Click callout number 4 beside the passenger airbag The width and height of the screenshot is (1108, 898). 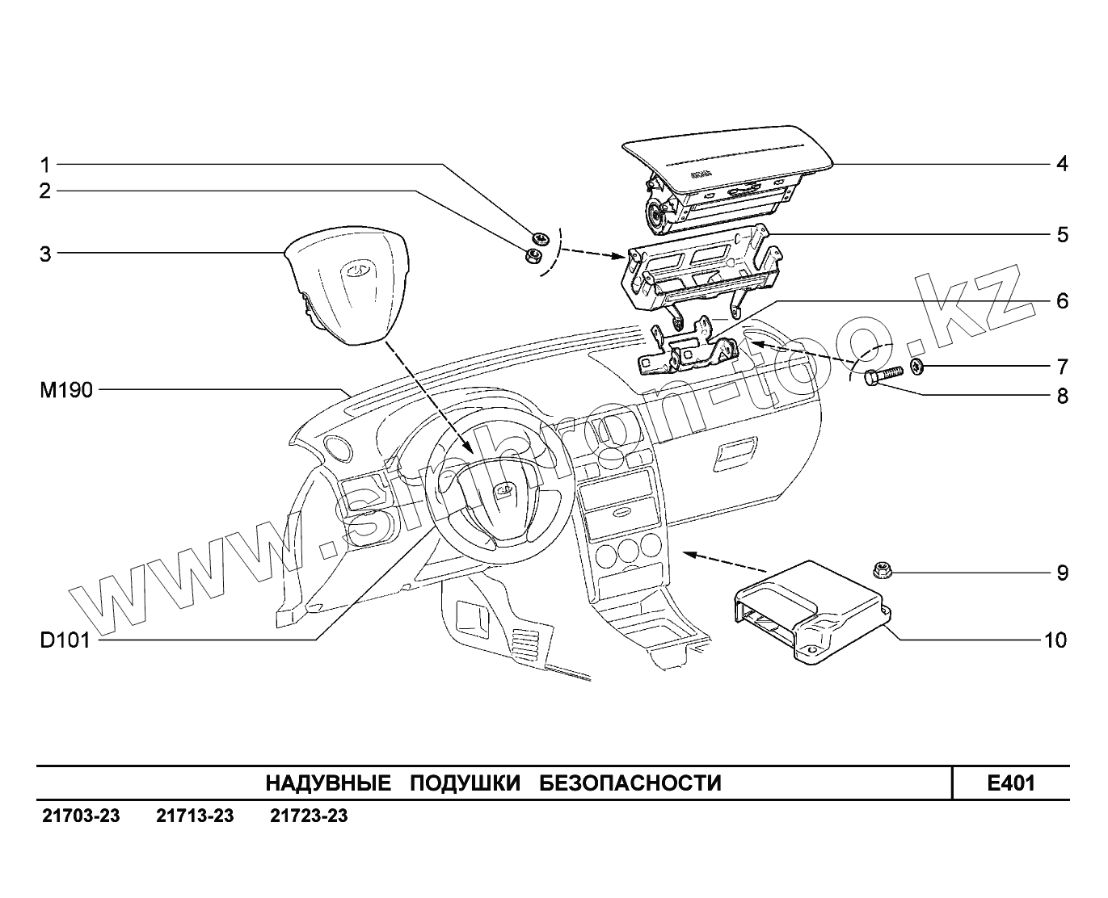click(1061, 164)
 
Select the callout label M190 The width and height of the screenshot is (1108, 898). click(66, 391)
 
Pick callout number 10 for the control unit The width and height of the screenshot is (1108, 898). click(1055, 640)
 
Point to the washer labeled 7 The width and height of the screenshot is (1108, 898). click(918, 367)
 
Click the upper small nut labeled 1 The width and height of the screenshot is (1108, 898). click(541, 238)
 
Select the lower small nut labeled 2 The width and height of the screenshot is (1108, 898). click(533, 256)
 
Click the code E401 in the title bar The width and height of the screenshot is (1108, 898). click(1010, 783)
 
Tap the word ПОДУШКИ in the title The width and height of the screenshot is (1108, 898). click(465, 783)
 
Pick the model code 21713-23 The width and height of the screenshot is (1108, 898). click(195, 816)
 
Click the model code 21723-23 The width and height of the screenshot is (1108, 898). click(309, 816)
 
